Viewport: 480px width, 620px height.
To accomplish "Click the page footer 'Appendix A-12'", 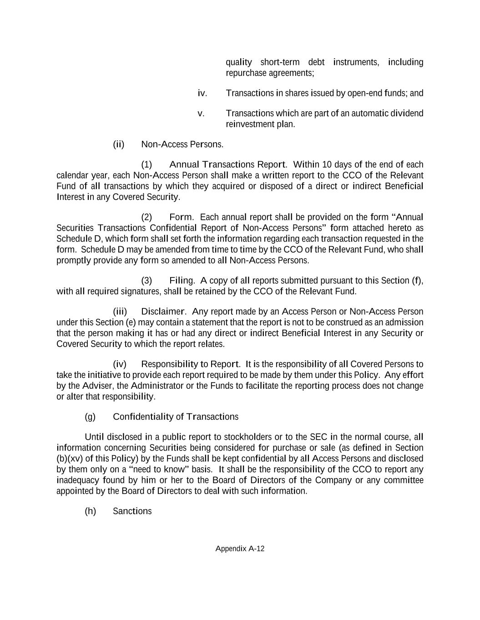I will (240, 548).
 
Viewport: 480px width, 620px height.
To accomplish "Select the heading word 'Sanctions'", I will (132, 511).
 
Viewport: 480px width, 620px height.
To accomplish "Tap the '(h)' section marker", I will (90, 511).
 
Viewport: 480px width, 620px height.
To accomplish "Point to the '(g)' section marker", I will (90, 417).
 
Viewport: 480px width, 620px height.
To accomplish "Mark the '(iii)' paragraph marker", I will (120, 312).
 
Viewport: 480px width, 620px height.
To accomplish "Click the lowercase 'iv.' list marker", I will (202, 93).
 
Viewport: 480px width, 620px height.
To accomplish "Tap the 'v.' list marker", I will (201, 113).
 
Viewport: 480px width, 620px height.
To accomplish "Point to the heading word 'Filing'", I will (182, 280).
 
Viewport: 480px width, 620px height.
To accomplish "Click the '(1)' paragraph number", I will (147, 164).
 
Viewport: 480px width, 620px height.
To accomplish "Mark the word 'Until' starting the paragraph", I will (94, 437).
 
